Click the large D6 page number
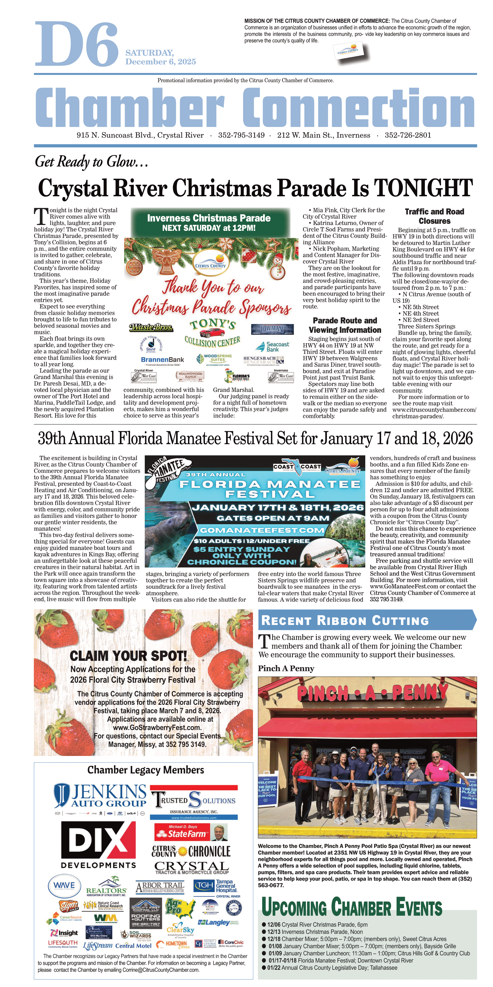coord(77,44)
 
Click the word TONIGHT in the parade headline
coord(423,188)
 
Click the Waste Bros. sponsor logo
coord(151,328)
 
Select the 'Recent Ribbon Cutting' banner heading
coord(344,621)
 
